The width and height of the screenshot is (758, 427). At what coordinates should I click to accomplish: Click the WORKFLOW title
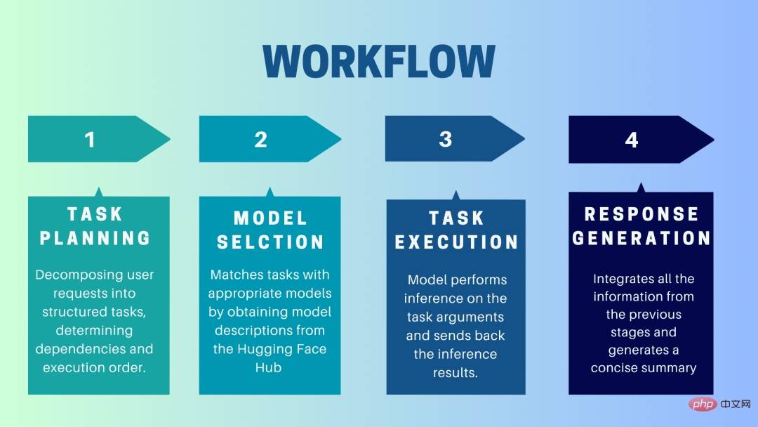[379, 62]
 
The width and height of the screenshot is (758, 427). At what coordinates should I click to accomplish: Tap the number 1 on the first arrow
[89, 139]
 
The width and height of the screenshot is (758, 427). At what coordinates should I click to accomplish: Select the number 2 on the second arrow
[260, 139]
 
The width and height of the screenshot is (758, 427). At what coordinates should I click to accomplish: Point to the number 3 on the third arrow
[445, 138]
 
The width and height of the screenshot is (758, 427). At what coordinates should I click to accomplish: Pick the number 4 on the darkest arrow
[631, 140]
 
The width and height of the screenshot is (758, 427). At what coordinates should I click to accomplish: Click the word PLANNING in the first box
[95, 238]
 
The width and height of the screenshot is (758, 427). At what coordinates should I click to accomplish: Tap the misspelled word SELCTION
[270, 242]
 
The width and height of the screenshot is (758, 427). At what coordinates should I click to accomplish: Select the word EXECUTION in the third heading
[456, 242]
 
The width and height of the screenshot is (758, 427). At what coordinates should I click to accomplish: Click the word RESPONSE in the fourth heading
[641, 214]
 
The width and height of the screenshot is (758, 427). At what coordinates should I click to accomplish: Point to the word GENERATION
[641, 238]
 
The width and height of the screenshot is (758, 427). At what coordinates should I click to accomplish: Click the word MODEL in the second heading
[270, 218]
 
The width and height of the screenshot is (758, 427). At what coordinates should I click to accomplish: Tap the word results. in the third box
[456, 373]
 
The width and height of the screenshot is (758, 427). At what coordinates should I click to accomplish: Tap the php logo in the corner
[701, 404]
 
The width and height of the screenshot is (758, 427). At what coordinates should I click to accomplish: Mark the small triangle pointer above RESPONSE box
[640, 187]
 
